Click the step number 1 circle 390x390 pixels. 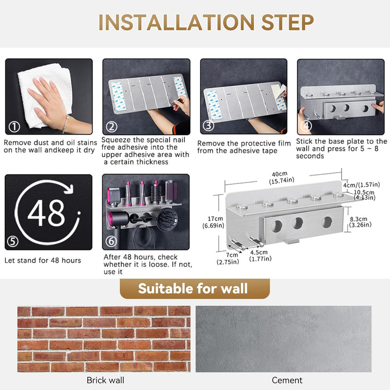click(14, 127)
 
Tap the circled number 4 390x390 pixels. click(307, 125)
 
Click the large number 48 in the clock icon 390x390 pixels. click(46, 213)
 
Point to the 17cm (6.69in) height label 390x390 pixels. click(213, 222)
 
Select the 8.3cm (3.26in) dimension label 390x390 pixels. click(361, 222)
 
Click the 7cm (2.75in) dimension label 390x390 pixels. click(229, 258)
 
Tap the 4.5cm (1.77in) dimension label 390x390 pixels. click(259, 255)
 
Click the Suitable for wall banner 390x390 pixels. click(194, 289)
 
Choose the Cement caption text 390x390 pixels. click(287, 380)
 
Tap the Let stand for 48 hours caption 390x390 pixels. click(43, 260)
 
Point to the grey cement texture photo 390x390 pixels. click(283, 339)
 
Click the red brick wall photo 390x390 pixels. click(103, 339)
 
